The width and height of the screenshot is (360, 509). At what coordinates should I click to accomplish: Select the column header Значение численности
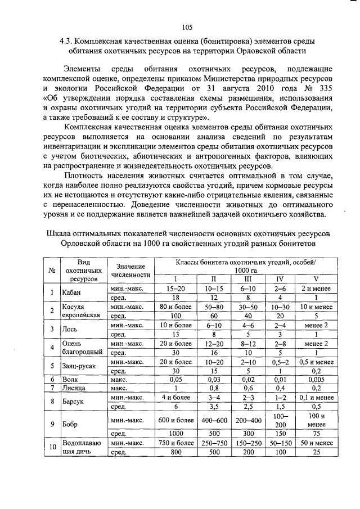click(x=131, y=271)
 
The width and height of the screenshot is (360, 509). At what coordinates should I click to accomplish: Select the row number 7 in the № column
click(x=52, y=388)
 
